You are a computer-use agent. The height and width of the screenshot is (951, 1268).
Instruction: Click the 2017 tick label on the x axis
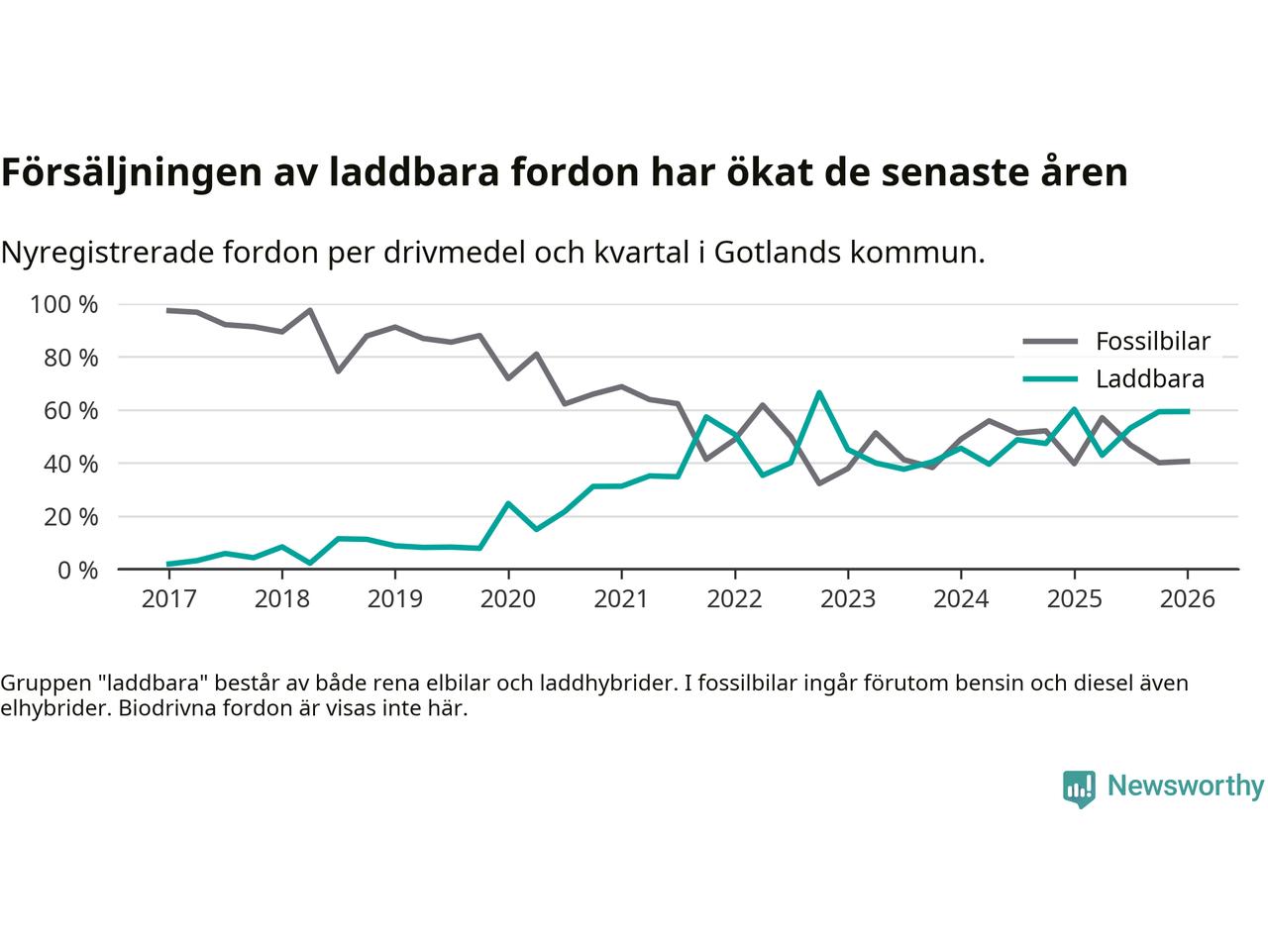click(x=168, y=599)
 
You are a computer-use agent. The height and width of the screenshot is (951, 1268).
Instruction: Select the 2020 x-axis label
click(x=508, y=599)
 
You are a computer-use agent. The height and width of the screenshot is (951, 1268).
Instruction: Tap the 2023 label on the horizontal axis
click(x=848, y=599)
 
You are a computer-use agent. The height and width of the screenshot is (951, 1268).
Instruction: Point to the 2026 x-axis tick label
click(x=1187, y=599)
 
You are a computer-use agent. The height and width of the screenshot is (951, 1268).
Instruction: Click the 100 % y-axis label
click(x=64, y=304)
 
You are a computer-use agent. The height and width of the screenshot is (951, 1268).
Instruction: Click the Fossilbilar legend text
click(x=1152, y=342)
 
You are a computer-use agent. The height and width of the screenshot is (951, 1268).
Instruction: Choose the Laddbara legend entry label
click(x=1149, y=378)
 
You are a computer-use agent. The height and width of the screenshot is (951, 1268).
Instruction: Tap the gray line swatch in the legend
click(x=1049, y=342)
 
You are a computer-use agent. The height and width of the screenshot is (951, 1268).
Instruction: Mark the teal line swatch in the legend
click(x=1049, y=378)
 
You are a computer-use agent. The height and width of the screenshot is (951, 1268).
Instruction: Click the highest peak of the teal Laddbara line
click(x=819, y=392)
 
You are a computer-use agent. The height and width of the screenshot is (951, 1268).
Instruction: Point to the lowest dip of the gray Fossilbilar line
click(x=819, y=482)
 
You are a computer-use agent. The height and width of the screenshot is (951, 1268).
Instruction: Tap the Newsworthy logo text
click(x=1185, y=787)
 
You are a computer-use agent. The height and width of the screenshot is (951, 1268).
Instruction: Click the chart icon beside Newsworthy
click(x=1079, y=789)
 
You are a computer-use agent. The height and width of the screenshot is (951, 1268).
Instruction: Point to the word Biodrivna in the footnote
click(x=165, y=709)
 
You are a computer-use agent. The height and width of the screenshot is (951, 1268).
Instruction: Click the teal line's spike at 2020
click(x=508, y=503)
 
